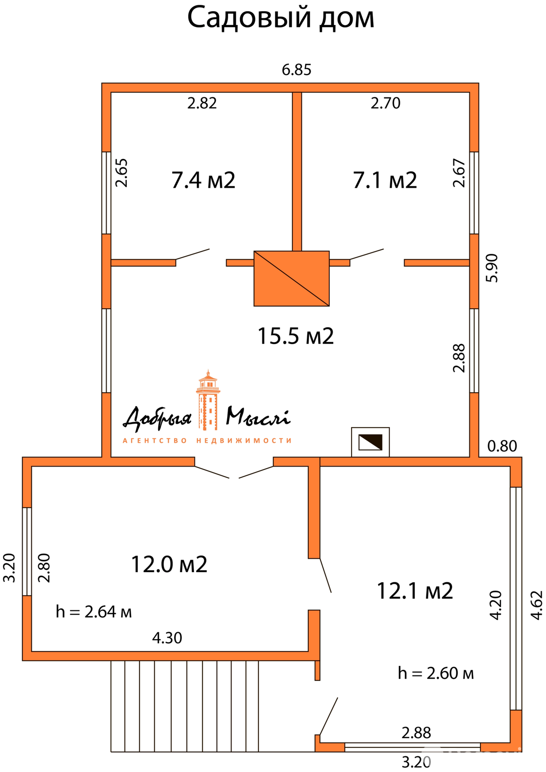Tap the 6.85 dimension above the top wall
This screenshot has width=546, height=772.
[296, 69]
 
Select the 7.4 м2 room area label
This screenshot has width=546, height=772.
[203, 180]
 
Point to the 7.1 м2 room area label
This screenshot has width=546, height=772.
[385, 180]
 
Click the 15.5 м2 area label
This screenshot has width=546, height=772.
[296, 336]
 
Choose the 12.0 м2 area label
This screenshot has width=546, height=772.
[169, 564]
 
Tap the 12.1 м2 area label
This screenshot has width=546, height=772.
[415, 591]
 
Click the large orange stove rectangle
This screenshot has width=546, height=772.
[291, 278]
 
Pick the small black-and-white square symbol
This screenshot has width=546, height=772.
[370, 442]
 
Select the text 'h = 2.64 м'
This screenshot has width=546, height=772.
[94, 612]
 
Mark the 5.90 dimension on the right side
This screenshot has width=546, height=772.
[492, 268]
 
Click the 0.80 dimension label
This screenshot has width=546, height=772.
[502, 446]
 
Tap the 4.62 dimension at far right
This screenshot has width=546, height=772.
[537, 605]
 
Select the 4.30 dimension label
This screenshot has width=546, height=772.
[167, 638]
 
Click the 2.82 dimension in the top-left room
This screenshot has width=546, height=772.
[202, 103]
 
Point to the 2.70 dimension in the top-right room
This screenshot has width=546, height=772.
[385, 103]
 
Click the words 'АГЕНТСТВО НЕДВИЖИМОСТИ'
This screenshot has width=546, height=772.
[207, 441]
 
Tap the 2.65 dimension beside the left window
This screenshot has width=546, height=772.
[121, 173]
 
